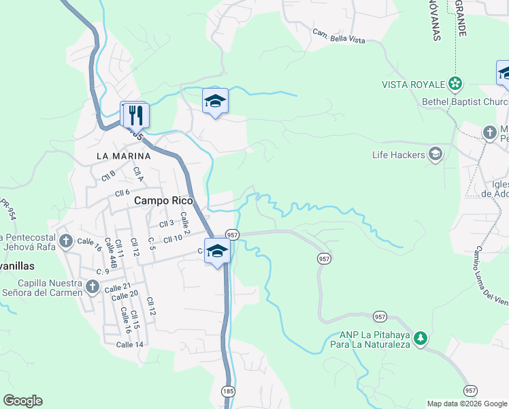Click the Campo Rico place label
[x=164, y=200]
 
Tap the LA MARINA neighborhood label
[x=122, y=155]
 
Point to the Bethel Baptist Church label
[x=465, y=102]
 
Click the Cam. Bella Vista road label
[x=338, y=36]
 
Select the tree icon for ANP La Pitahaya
[x=421, y=337]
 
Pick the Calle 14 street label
[x=129, y=344]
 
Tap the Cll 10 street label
[x=173, y=238]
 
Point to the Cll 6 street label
[x=122, y=193]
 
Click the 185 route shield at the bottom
[x=228, y=391]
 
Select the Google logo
[x=22, y=401]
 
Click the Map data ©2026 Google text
[x=466, y=404]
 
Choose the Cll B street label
[x=108, y=176]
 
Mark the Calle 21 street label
[x=118, y=288]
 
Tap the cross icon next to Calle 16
[x=65, y=241]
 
